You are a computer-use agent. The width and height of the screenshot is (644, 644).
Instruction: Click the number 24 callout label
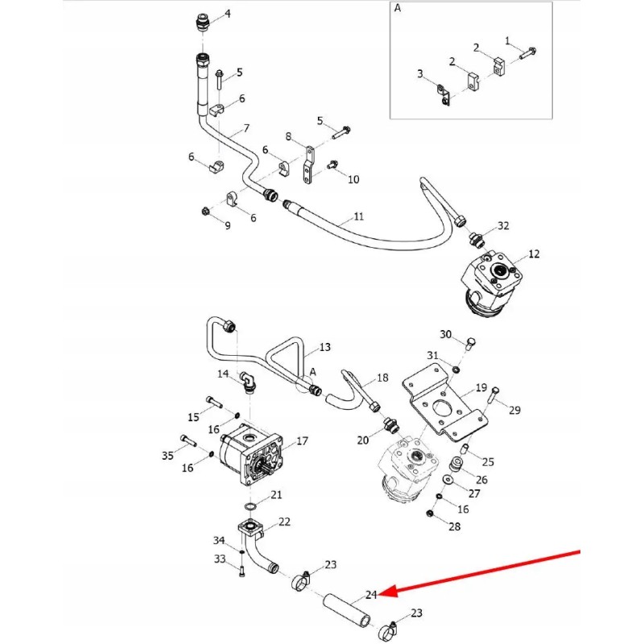tap(371, 596)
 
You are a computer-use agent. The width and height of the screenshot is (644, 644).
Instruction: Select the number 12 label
tap(535, 254)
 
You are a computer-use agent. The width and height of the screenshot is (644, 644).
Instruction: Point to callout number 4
tap(227, 14)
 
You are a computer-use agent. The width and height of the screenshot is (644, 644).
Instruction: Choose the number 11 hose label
tap(359, 217)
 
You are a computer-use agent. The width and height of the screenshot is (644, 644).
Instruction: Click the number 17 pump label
tap(303, 441)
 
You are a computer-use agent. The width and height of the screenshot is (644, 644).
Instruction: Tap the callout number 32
tap(504, 225)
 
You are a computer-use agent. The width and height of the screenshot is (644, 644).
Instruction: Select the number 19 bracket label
tap(481, 388)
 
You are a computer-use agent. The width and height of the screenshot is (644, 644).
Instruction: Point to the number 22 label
tap(284, 522)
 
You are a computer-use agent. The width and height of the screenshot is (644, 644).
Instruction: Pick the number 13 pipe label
tap(325, 348)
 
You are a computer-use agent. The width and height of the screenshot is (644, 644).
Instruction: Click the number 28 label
tap(455, 526)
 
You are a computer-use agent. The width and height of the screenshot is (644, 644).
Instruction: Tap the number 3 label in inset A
tap(419, 74)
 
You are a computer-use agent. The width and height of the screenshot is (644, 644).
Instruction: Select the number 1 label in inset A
tap(508, 39)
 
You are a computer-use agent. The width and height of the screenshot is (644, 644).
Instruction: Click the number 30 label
tap(446, 335)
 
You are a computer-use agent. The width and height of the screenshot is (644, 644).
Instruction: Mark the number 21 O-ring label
tap(276, 494)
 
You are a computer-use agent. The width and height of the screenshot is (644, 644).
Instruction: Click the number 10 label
tap(353, 179)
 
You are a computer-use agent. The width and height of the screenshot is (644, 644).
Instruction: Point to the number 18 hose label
tap(382, 378)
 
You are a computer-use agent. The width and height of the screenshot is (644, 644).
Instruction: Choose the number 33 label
tap(219, 559)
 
